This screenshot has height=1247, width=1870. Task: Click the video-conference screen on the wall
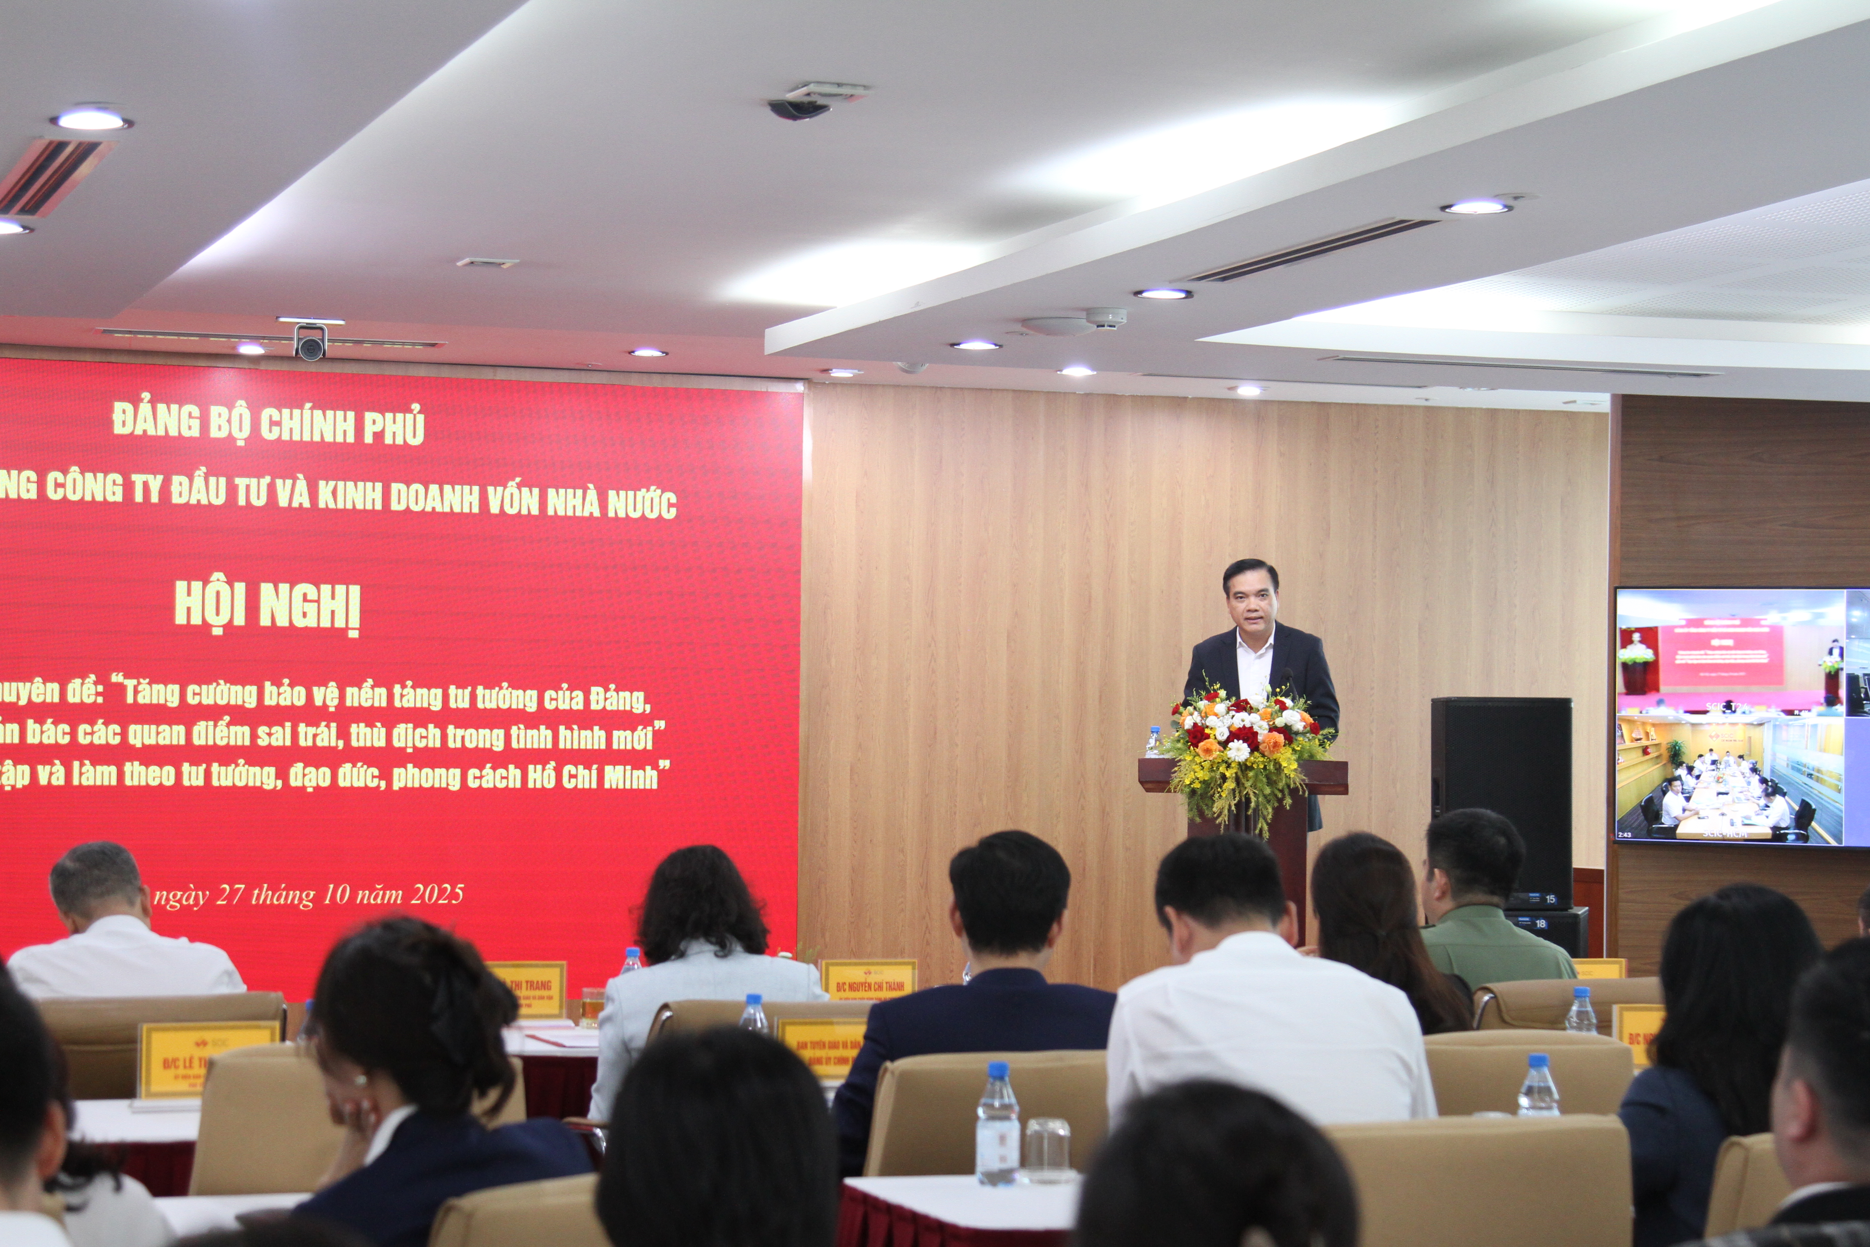tap(1741, 716)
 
